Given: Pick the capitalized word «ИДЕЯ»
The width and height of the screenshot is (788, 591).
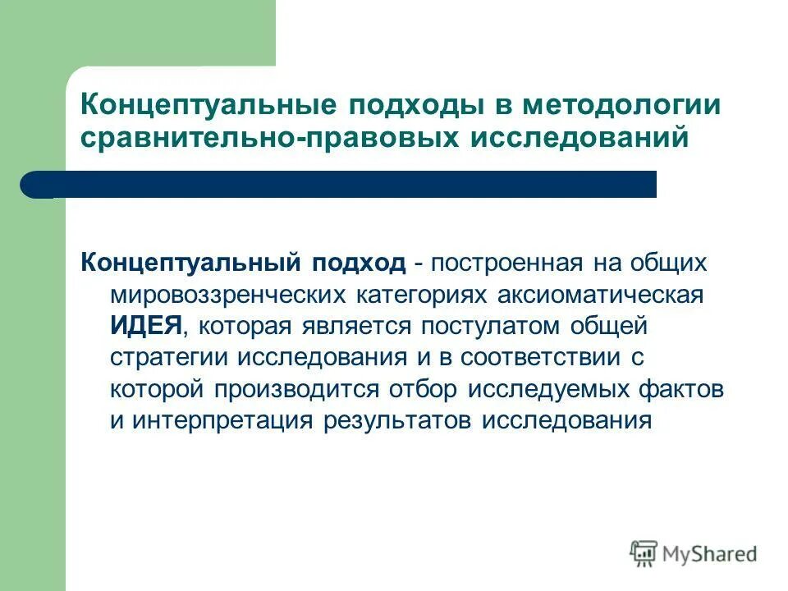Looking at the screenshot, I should point(145,325).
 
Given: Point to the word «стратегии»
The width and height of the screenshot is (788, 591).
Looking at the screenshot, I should point(170,357).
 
